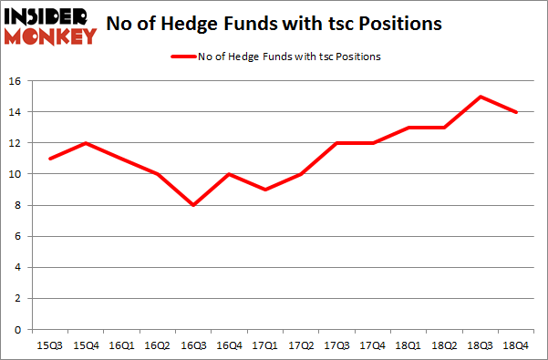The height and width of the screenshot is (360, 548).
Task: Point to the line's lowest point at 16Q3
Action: [x=194, y=205]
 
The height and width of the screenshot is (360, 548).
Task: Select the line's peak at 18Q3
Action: [x=480, y=97]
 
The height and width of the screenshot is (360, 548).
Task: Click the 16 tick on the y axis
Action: [x=16, y=81]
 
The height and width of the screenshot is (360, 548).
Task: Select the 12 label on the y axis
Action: [x=16, y=143]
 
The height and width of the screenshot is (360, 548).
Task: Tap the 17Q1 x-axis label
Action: [x=264, y=345]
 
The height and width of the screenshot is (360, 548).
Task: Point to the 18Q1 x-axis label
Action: [x=408, y=345]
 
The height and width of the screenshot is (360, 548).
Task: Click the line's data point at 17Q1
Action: [x=264, y=190]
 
